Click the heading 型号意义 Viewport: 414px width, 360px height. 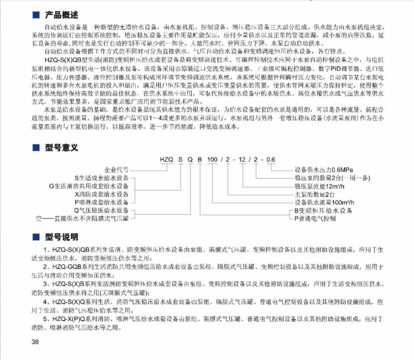(x=62, y=148)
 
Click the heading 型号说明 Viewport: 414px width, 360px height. (x=62, y=237)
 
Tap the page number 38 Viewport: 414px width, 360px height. (x=36, y=342)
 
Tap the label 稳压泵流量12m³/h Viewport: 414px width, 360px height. (x=318, y=185)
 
